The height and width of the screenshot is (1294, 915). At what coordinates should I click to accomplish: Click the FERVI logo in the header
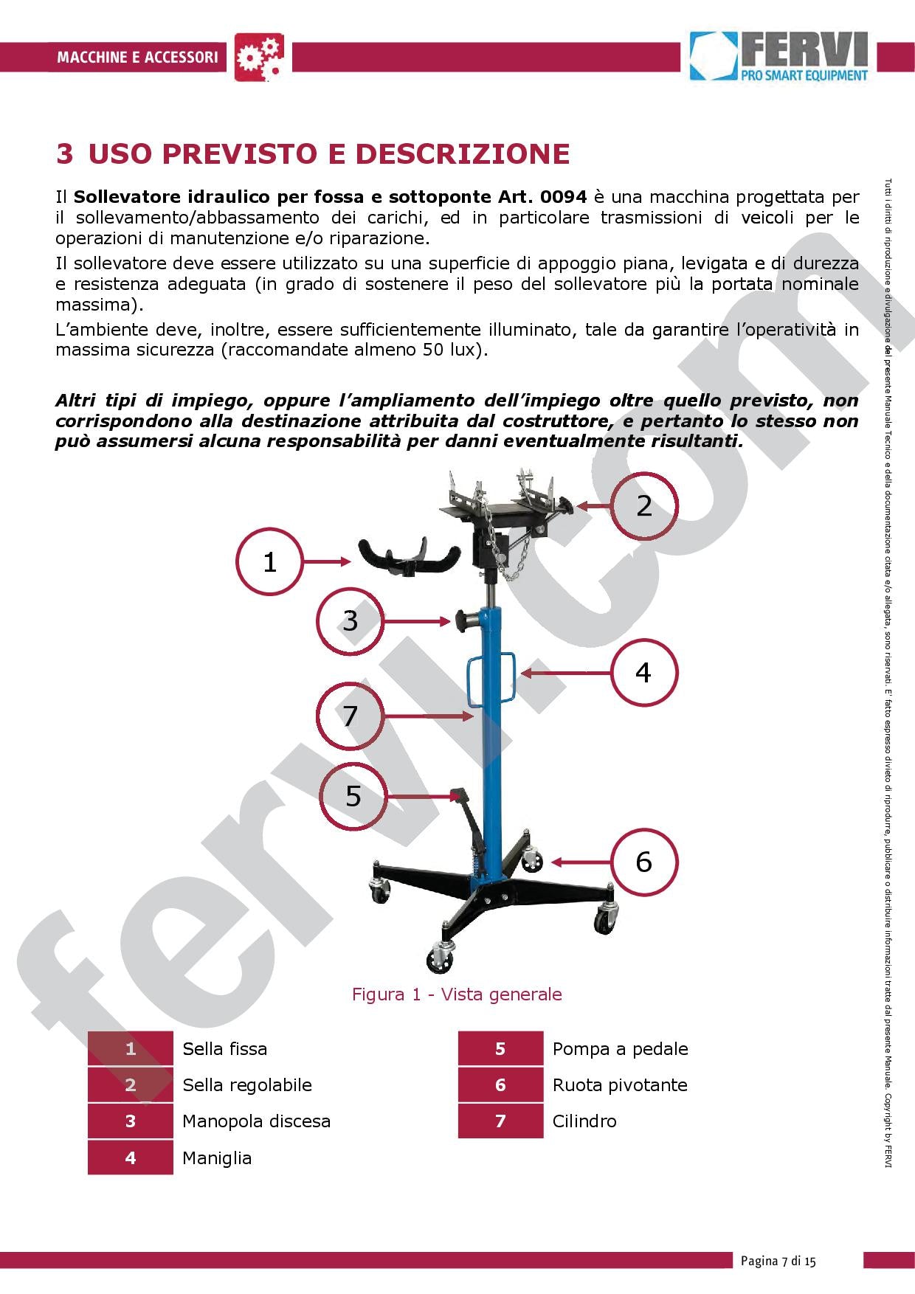[x=779, y=56]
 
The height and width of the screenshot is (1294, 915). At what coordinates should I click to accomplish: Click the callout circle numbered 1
[x=270, y=562]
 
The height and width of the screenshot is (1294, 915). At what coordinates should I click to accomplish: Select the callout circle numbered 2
[x=643, y=506]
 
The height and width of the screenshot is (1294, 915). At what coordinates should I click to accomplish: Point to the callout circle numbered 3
[x=351, y=620]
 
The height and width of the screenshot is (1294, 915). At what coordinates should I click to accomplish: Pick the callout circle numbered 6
[x=643, y=862]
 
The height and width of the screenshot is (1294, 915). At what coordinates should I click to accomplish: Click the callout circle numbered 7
[x=351, y=716]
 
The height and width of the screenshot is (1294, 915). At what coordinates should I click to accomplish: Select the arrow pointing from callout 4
[x=565, y=673]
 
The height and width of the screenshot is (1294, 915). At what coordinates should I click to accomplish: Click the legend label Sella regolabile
[x=247, y=1085]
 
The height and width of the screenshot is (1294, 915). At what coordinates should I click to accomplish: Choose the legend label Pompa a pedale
[x=620, y=1049]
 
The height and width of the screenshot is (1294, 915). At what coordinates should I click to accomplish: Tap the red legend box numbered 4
[x=131, y=1158]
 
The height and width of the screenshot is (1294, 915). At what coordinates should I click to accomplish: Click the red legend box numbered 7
[x=500, y=1121]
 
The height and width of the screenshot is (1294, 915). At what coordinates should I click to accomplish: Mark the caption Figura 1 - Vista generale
[x=457, y=994]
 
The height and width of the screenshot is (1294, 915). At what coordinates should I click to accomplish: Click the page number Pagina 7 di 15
[x=778, y=1261]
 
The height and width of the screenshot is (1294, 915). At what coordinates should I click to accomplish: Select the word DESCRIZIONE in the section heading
[x=463, y=154]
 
